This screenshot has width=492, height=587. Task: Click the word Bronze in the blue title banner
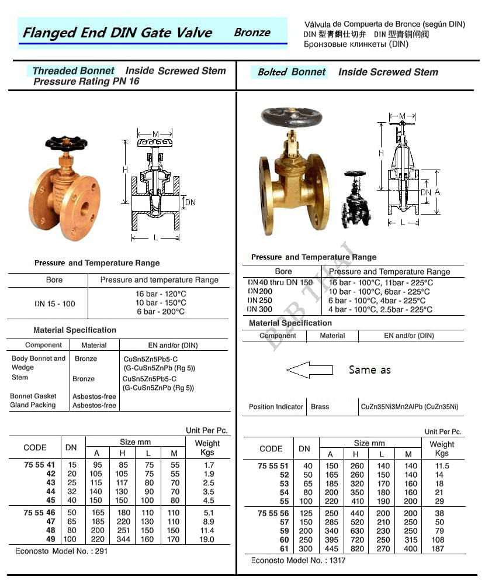252,32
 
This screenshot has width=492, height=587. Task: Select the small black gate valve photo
356,199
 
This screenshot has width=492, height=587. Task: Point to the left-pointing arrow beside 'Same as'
309,370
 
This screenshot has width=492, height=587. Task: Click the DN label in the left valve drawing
190,202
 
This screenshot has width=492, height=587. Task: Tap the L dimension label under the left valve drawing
155,237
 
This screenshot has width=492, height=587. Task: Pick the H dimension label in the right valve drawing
380,153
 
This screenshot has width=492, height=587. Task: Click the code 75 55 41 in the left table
40,465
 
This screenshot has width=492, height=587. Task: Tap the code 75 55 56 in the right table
273,513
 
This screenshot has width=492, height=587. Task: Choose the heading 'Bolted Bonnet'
292,72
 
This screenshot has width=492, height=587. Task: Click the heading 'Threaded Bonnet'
73,71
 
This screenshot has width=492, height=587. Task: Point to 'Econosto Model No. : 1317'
298,560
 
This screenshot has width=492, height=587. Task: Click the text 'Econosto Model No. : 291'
58,551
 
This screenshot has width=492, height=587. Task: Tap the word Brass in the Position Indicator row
320,407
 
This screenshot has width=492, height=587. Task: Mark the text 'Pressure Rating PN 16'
86,82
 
